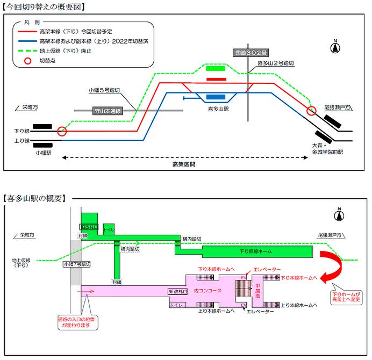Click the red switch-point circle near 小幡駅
[62, 131]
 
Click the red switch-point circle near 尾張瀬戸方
[311, 111]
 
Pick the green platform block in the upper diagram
[216, 68]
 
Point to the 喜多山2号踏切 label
[276, 63]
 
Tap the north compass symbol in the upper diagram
[335, 47]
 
